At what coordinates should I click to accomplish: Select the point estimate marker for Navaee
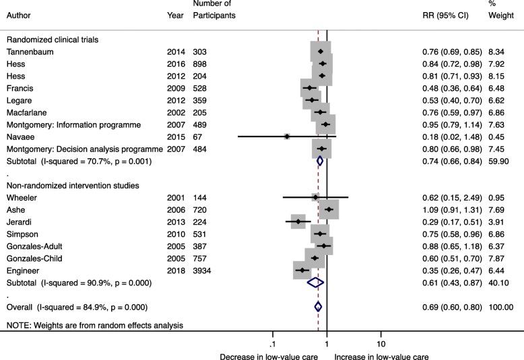[x=287, y=136]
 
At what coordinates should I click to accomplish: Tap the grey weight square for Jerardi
[x=298, y=221]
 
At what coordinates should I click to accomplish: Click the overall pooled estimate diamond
[x=318, y=307]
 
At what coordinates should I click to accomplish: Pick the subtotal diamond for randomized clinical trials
[x=320, y=161]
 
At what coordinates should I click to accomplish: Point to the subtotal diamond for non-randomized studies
[x=315, y=283]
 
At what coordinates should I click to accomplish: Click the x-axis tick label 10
[x=381, y=336]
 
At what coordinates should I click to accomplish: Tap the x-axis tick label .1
[x=272, y=336]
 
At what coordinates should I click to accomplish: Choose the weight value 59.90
[x=498, y=161]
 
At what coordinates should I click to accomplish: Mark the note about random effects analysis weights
[x=94, y=326]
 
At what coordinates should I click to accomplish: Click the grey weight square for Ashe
[x=329, y=209]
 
